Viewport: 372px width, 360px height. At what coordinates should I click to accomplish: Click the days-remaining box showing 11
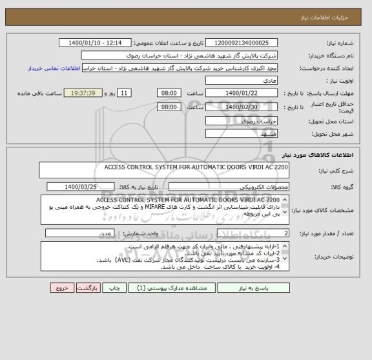pyautogui.click(x=126, y=93)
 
